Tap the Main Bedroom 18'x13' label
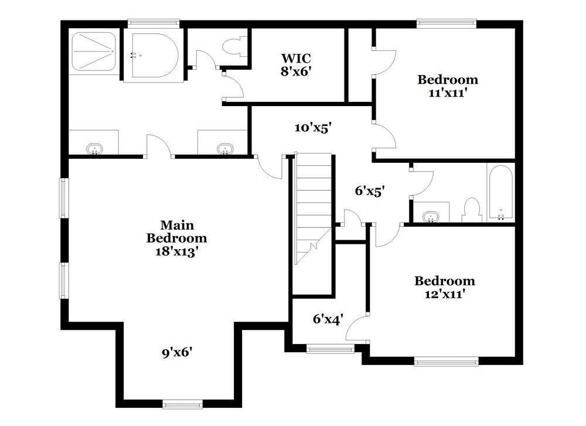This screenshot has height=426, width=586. click(176, 238)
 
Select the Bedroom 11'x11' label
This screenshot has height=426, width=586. click(447, 86)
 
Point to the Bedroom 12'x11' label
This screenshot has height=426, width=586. click(445, 288)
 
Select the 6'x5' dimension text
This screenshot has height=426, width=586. click(370, 191)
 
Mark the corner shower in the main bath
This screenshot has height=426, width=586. click(93, 52)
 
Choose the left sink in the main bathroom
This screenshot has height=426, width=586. click(94, 149)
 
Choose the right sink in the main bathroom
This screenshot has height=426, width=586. click(223, 149)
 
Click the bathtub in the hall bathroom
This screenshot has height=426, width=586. click(500, 193)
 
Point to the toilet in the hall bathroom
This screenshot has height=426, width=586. click(471, 209)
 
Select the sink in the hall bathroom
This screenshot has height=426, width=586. click(432, 216)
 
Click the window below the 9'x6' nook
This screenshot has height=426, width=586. click(182, 404)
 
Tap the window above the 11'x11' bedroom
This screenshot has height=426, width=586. click(447, 24)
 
